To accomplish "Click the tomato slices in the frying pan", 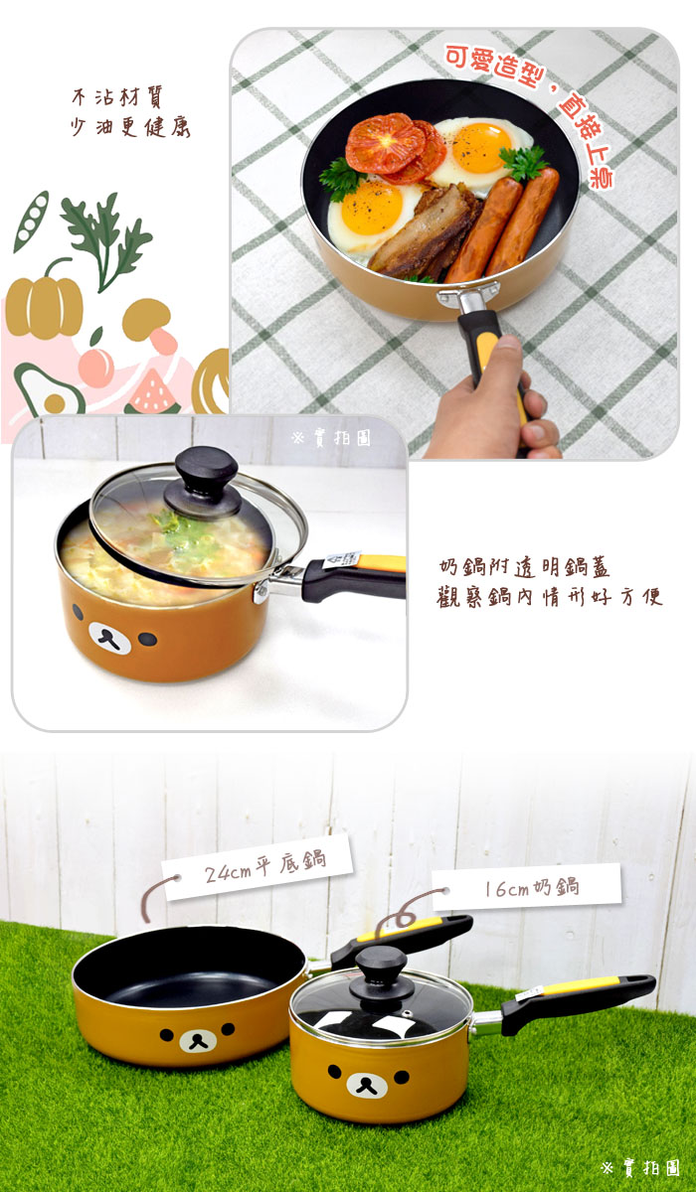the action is [394, 146].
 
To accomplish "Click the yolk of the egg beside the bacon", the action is [371, 208].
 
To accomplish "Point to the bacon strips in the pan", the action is [424, 231].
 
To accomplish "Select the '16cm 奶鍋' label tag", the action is [526, 887].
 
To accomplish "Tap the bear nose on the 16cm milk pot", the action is [367, 1085].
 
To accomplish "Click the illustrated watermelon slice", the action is [153, 394].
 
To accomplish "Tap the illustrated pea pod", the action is [31, 221].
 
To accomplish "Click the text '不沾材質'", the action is [116, 98].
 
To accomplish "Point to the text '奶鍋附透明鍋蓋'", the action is [524, 567].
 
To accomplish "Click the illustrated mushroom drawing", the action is [150, 325].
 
